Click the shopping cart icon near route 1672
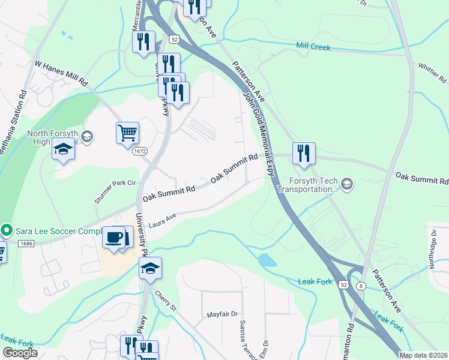click(x=127, y=133)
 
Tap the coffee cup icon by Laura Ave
click(x=114, y=237)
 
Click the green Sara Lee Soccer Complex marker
click(x=7, y=230)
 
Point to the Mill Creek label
click(x=313, y=47)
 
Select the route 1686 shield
click(x=26, y=244)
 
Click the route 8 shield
click(x=360, y=286)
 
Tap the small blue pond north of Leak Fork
click(x=267, y=260)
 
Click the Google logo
click(x=20, y=353)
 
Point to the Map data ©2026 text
click(x=423, y=355)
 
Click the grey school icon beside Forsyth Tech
click(x=346, y=182)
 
